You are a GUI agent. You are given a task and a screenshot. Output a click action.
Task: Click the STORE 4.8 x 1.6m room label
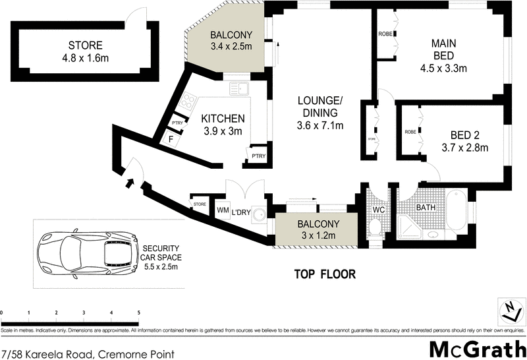tap(85, 51)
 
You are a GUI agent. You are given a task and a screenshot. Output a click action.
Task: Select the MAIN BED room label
tap(443, 55)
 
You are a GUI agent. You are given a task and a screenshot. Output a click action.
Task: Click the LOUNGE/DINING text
tap(319, 113)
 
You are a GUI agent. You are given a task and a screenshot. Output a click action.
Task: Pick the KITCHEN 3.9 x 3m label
tap(223, 125)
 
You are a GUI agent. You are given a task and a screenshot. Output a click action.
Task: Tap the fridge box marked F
tap(171, 140)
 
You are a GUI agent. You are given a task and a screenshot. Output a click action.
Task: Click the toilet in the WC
tap(375, 227)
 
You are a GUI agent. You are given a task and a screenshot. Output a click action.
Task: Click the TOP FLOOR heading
tap(324, 273)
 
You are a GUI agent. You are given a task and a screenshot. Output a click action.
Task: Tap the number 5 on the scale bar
tap(138, 313)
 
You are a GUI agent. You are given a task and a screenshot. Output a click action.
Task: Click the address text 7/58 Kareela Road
tap(88, 354)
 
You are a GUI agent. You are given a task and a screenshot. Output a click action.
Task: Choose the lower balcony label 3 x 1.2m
tap(318, 229)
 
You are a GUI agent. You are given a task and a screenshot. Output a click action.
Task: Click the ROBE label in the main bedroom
tap(385, 34)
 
